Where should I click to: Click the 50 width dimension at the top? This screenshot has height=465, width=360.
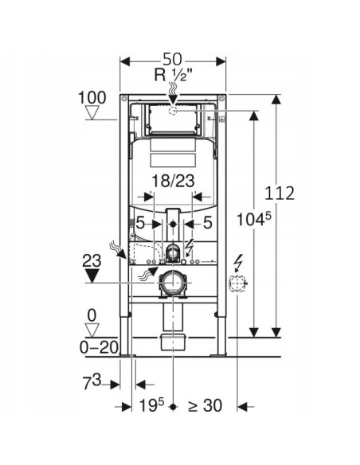tap(172, 59)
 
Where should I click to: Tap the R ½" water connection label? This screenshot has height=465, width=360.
tap(173, 75)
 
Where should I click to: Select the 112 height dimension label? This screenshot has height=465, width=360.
tap(280, 193)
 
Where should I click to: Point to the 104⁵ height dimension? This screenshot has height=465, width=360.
tap(254, 220)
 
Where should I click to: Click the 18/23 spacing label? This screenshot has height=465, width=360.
tap(173, 181)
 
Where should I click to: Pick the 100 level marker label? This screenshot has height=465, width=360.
tap(92, 98)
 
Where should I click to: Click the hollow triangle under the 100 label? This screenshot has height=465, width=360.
tap(92, 113)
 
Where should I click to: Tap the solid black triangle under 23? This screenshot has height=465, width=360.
tap(92, 275)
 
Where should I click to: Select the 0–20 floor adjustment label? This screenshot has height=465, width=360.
tap(99, 347)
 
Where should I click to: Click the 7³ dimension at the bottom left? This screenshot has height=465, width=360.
tap(92, 381)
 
